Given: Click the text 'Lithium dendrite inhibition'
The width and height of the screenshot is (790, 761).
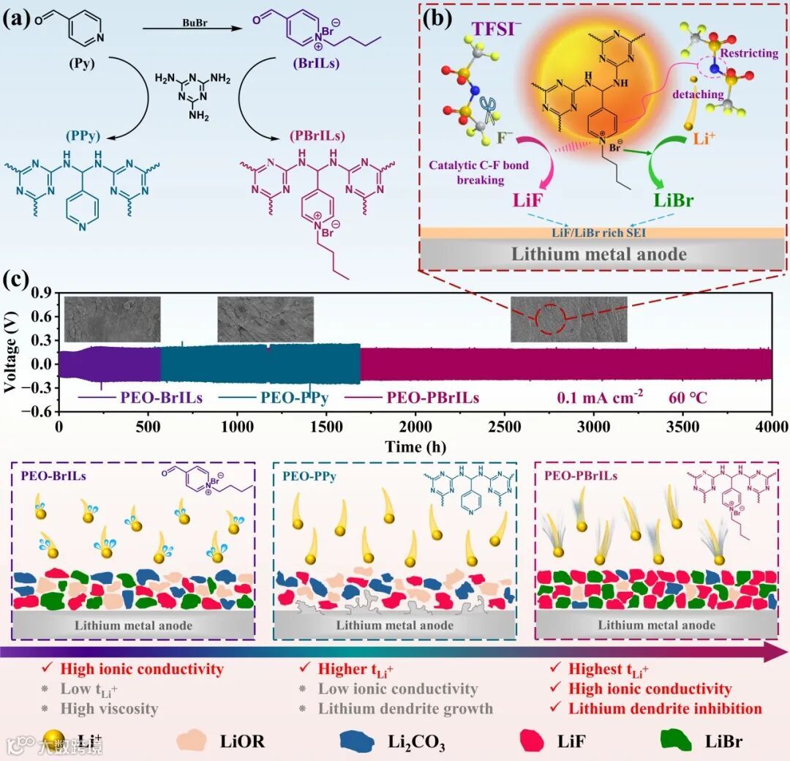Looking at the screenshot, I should (x=665, y=708).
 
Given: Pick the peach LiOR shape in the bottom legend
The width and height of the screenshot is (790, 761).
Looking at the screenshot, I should (x=192, y=740).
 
